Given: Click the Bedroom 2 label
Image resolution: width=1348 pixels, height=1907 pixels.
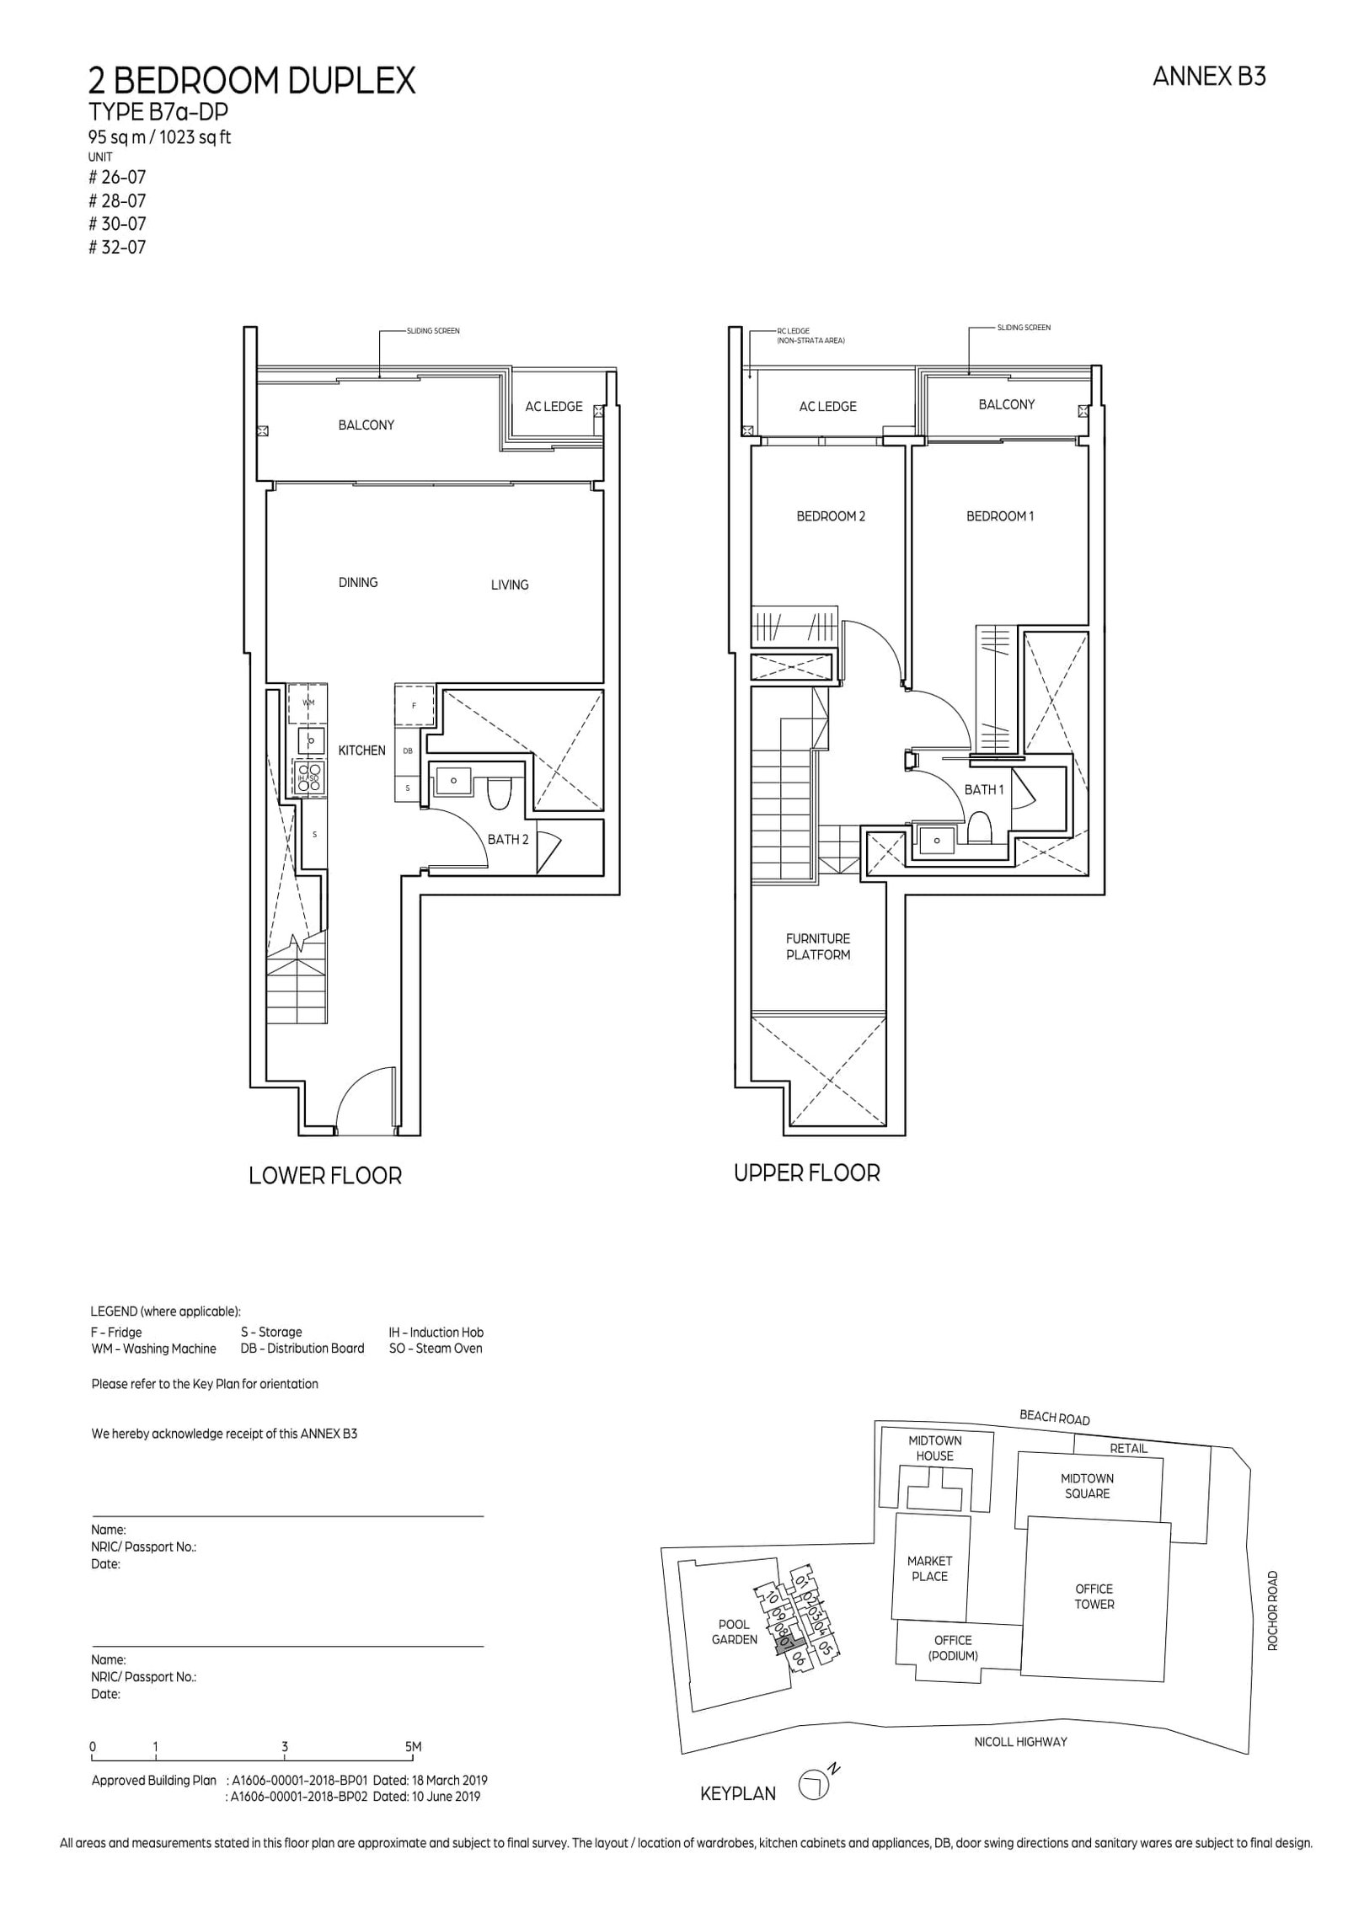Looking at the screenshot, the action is click(x=830, y=516).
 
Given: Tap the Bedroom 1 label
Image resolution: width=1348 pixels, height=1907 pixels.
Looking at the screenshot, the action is click(x=998, y=516).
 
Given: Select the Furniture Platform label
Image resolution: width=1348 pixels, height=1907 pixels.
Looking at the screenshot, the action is click(x=817, y=946).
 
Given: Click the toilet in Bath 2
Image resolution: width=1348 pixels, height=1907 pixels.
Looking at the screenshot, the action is click(x=499, y=793).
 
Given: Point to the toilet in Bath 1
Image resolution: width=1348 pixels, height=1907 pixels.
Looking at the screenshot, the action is click(x=978, y=827).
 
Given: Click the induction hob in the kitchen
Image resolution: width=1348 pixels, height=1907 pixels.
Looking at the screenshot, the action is click(x=309, y=776).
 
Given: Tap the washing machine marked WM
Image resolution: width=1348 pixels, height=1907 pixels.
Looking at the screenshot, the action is click(x=308, y=702).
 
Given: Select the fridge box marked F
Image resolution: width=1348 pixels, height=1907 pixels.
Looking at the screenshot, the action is click(x=414, y=705).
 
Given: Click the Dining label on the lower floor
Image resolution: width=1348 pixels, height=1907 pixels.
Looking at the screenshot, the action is click(x=357, y=582).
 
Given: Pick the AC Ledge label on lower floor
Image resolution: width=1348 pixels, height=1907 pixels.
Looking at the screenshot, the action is click(x=553, y=406).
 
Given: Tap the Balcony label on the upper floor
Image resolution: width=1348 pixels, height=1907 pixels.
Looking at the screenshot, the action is click(x=1006, y=404).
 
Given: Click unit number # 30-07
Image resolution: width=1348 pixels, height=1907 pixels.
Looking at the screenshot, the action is click(x=117, y=224).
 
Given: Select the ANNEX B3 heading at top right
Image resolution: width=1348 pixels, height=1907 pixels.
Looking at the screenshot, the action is click(x=1208, y=77).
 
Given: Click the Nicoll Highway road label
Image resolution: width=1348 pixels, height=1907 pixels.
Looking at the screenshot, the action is click(x=1019, y=1742).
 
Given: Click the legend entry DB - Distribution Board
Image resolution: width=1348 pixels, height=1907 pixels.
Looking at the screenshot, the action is click(x=302, y=1349).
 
